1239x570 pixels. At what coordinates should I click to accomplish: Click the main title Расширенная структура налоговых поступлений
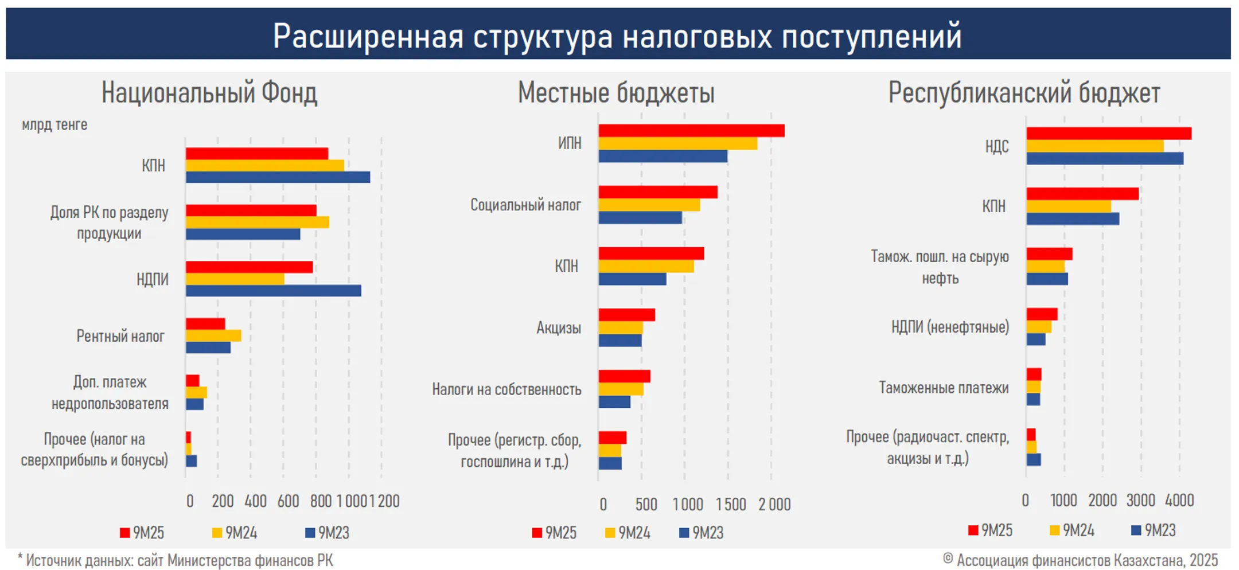coord(617,36)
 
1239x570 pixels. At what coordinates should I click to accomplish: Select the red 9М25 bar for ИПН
coord(691,131)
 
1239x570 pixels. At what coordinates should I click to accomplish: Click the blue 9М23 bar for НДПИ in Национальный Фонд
coord(273,291)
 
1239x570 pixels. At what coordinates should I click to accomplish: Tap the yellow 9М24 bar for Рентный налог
coord(213,335)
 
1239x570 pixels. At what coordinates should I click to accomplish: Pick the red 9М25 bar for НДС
coord(1108,134)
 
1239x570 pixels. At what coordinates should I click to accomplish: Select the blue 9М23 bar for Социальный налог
coord(640,217)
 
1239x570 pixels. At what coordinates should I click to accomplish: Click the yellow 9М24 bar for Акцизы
coord(621,328)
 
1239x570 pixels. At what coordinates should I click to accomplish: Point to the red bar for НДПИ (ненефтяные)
coord(1042,314)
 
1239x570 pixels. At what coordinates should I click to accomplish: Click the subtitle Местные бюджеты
coord(616,93)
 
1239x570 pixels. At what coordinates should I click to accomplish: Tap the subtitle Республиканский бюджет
coord(1024,93)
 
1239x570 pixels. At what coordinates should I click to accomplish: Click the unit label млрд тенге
coord(54,124)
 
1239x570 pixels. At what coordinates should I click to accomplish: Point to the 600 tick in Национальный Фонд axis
coord(288,501)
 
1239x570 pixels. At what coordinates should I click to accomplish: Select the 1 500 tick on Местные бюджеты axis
coord(731,505)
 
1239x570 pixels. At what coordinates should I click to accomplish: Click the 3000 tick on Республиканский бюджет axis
coord(1140,501)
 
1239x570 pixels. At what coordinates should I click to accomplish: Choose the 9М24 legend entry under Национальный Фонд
coord(235,533)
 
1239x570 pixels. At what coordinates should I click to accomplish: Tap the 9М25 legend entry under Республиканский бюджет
coord(991,530)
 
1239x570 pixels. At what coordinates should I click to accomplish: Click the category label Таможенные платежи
coord(944,388)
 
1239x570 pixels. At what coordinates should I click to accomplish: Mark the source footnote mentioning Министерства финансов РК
coord(176,560)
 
